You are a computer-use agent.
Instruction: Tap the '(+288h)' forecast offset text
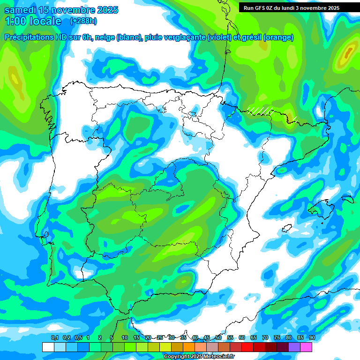83,21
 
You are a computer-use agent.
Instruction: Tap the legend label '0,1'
54,338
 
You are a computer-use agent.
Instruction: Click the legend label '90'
312,338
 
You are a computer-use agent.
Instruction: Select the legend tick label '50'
218,338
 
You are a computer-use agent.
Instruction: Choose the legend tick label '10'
125,338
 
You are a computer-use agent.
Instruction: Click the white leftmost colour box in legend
48,347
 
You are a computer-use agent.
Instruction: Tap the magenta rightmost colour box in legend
306,347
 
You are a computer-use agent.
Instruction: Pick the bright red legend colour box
247,347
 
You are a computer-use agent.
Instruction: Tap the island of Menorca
347,199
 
